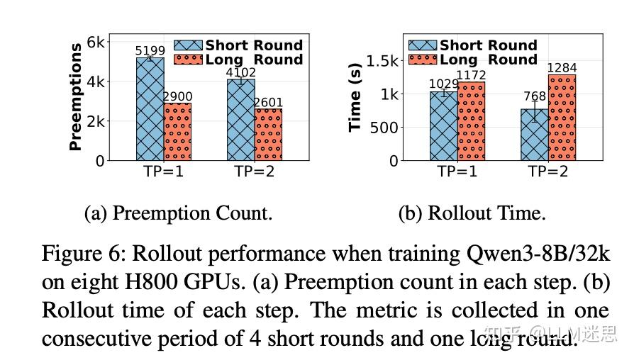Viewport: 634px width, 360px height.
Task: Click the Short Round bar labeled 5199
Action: tap(150, 109)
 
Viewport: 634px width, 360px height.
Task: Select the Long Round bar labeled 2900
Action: tap(178, 132)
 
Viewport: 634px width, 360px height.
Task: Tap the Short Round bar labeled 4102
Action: tap(240, 120)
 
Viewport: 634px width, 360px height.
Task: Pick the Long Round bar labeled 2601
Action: tap(268, 135)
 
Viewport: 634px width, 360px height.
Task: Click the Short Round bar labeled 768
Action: tap(535, 135)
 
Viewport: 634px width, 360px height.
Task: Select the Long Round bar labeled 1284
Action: tap(562, 118)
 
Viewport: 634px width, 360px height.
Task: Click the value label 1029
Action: tap(443, 84)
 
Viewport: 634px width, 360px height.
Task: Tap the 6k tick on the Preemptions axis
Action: tap(96, 42)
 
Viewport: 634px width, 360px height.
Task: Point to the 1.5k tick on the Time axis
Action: tap(384, 60)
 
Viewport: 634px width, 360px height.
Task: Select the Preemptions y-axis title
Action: tap(75, 97)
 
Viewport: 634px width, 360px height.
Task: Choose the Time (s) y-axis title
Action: tap(355, 97)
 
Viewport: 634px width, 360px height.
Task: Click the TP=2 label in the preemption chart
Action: tap(254, 172)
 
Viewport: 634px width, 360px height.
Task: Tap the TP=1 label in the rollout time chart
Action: tap(457, 172)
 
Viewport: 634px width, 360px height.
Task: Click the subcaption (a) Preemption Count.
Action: tap(178, 213)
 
